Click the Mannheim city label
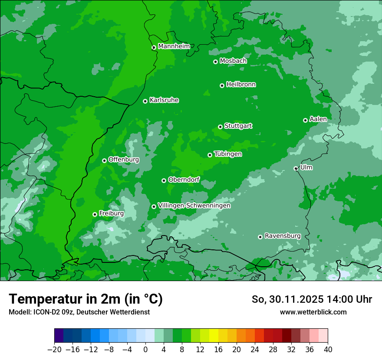(x=174, y=46)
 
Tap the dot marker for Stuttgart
(x=220, y=127)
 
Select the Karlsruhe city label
(x=164, y=100)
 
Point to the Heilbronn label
(x=240, y=85)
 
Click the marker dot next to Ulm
(x=296, y=168)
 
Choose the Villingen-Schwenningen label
(x=194, y=206)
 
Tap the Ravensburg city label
(x=282, y=236)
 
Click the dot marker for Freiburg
(x=95, y=214)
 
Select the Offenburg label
(x=123, y=160)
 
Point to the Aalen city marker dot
(x=305, y=120)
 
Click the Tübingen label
(x=227, y=154)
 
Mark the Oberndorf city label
(x=184, y=180)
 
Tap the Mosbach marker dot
(x=215, y=62)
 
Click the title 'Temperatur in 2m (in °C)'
(x=86, y=299)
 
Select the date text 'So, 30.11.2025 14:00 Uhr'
(x=312, y=299)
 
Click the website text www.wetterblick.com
(x=313, y=312)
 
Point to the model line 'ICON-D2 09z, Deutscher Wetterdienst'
(x=79, y=312)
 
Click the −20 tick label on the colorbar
(x=55, y=350)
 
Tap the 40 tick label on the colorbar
(x=328, y=350)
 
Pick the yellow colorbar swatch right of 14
(x=214, y=336)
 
